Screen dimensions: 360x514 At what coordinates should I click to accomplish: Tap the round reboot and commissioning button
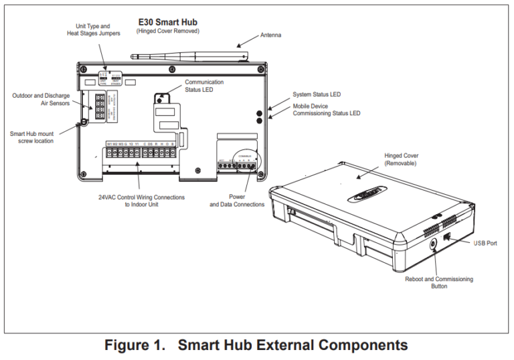(x=432, y=245)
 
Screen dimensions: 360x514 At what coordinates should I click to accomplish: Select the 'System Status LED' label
(x=317, y=94)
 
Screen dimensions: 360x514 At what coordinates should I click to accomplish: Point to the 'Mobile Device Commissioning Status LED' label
(x=326, y=110)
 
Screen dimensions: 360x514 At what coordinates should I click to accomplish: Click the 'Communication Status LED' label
(x=204, y=86)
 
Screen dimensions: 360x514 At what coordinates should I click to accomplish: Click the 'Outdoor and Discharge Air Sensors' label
(x=41, y=99)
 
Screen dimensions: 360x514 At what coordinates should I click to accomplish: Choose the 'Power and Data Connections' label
(x=236, y=201)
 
